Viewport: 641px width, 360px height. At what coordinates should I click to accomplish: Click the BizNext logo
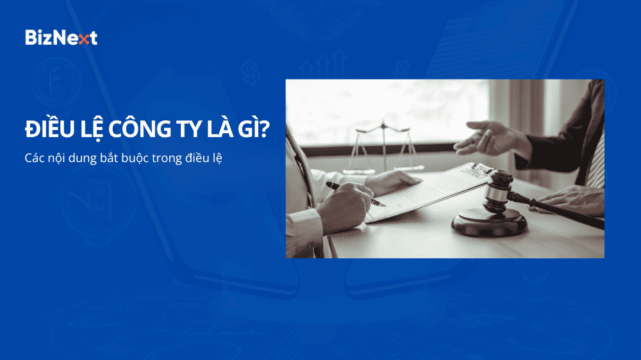[61, 37]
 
